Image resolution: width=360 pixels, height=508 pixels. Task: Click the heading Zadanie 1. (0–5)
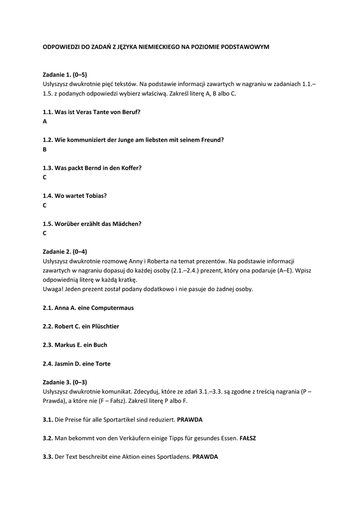(x=65, y=74)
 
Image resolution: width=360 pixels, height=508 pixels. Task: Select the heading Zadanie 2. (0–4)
(x=65, y=252)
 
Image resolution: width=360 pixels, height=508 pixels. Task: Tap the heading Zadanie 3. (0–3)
(x=65, y=382)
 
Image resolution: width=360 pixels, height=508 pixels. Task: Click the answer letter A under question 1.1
(x=45, y=121)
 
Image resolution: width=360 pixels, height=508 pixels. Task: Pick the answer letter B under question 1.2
(x=45, y=149)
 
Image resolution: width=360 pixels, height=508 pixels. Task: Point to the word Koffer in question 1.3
(x=131, y=168)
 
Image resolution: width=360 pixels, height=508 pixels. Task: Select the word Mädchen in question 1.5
(x=129, y=224)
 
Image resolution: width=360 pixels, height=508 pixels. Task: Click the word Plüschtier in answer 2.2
(x=104, y=326)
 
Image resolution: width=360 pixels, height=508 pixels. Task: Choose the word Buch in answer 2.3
(x=100, y=345)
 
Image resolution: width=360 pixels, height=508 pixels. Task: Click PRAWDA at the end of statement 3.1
(x=190, y=419)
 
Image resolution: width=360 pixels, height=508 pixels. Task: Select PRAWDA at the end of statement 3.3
(x=205, y=457)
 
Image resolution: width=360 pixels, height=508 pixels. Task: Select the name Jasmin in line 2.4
(x=64, y=364)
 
